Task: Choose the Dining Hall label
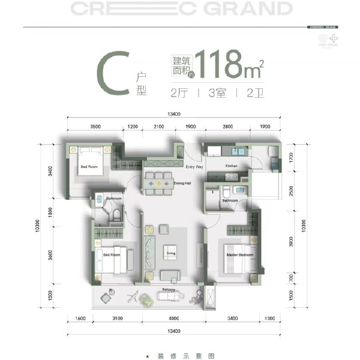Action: [182, 182]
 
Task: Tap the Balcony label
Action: [169, 290]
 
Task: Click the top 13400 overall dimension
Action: [175, 114]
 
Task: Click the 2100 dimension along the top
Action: [158, 127]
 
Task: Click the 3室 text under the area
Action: [217, 94]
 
